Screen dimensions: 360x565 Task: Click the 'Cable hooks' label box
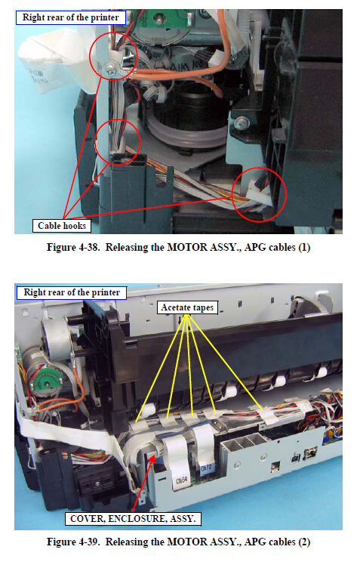62,226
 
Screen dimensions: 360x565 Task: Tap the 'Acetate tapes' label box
187,307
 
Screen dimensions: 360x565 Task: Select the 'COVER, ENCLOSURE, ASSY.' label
133,519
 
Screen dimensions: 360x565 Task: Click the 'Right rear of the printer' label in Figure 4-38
70,17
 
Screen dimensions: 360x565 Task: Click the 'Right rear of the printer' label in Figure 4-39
72,292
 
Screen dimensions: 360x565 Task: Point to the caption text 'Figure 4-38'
72,248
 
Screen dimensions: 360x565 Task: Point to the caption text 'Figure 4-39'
72,542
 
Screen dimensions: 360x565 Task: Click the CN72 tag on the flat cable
206,468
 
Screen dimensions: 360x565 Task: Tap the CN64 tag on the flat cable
182,480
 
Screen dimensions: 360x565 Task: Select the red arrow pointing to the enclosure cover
143,483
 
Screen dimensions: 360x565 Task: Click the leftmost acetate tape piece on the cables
138,425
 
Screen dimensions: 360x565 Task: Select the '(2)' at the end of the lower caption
304,542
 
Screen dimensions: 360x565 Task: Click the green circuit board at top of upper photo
158,19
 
